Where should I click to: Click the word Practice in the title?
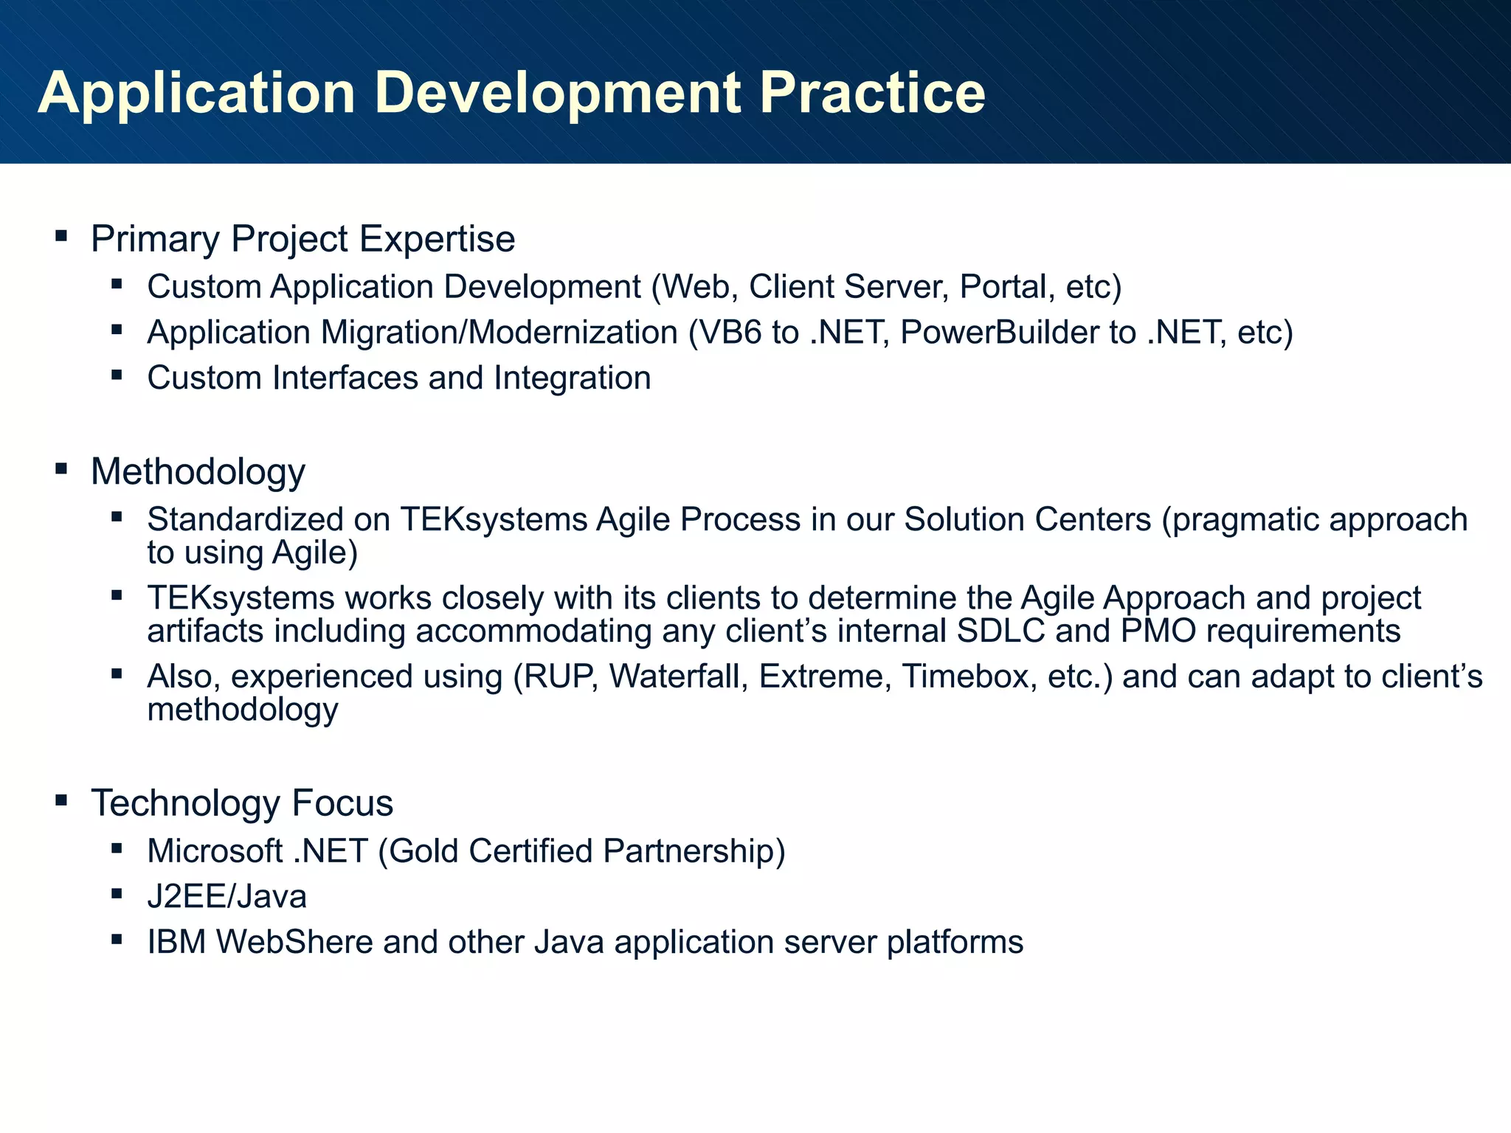(x=872, y=93)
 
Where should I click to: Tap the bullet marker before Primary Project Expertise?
(x=61, y=237)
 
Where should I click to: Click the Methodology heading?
(x=198, y=472)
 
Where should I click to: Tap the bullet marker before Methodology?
(x=61, y=468)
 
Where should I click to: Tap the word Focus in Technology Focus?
(x=342, y=803)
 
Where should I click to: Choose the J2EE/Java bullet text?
(x=227, y=897)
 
